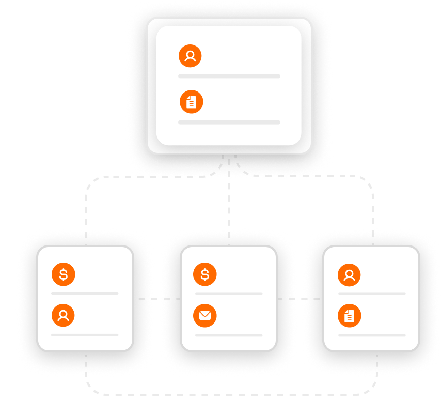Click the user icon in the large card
(x=190, y=56)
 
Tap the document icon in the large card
(x=192, y=102)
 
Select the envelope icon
(x=205, y=316)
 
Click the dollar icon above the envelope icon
(x=205, y=274)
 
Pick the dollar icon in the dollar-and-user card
(x=64, y=274)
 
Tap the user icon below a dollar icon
(x=64, y=316)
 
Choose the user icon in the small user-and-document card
(x=349, y=274)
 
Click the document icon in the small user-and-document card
(x=349, y=316)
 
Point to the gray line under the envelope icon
(x=229, y=335)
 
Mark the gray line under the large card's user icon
(x=229, y=76)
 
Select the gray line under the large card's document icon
(x=229, y=122)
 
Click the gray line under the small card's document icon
(x=372, y=335)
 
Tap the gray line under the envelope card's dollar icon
(x=229, y=294)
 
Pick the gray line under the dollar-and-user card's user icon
(x=85, y=335)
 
